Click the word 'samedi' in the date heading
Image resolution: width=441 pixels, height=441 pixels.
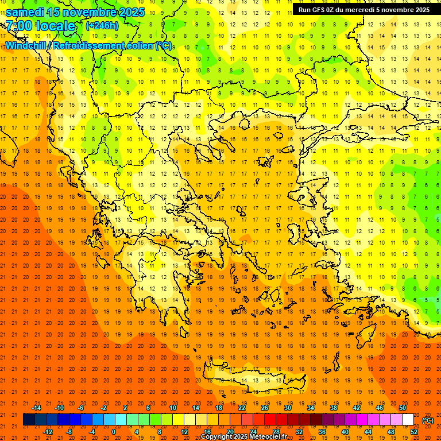25,11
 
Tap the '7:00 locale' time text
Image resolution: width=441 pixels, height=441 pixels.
40,26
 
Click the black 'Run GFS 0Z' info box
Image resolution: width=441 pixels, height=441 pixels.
364,9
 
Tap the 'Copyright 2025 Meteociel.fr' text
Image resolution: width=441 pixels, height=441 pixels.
244,437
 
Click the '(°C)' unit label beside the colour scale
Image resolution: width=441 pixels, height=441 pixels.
427,420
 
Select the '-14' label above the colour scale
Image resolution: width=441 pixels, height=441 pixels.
36,408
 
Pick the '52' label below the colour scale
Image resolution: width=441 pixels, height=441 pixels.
414,432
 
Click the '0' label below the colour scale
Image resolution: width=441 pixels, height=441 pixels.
114,432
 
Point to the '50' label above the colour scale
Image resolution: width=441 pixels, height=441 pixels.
403,408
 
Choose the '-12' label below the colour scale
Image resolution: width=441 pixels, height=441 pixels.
48,432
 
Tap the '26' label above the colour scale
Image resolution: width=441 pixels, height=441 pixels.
265,408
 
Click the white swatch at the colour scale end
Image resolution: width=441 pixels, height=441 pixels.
408,420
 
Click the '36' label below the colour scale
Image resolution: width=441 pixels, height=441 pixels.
322,432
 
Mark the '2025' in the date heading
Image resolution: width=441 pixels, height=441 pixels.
129,11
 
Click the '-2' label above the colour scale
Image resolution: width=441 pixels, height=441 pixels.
104,408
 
